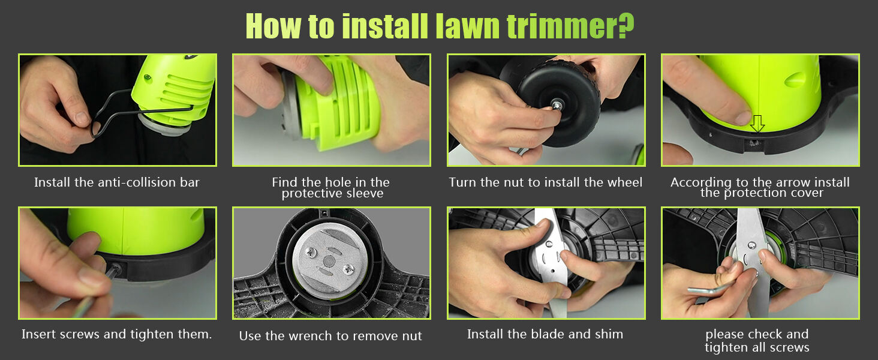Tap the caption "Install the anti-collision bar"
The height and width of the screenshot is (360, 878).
pyautogui.click(x=117, y=182)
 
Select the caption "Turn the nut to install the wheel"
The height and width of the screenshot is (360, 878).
pyautogui.click(x=546, y=182)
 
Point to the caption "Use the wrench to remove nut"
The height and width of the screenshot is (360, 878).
pyautogui.click(x=330, y=336)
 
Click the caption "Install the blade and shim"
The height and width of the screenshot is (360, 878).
pyautogui.click(x=545, y=334)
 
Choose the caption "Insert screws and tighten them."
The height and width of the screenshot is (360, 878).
pyautogui.click(x=117, y=334)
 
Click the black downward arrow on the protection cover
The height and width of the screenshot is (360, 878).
pyautogui.click(x=757, y=124)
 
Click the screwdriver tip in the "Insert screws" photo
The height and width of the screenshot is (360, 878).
pyautogui.click(x=112, y=271)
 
